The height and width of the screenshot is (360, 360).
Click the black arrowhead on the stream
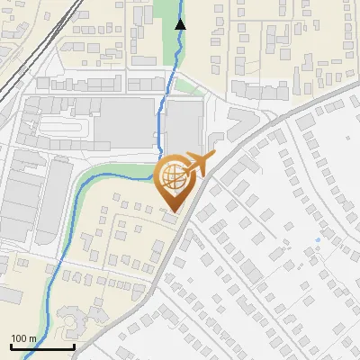180,24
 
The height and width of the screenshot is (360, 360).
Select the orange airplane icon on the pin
200,164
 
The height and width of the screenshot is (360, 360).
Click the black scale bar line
42,347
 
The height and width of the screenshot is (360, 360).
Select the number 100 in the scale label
20,339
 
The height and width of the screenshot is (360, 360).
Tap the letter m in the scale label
32,339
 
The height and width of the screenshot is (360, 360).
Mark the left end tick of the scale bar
11,346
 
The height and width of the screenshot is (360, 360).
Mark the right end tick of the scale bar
74,346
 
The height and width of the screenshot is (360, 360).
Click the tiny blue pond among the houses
318,241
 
